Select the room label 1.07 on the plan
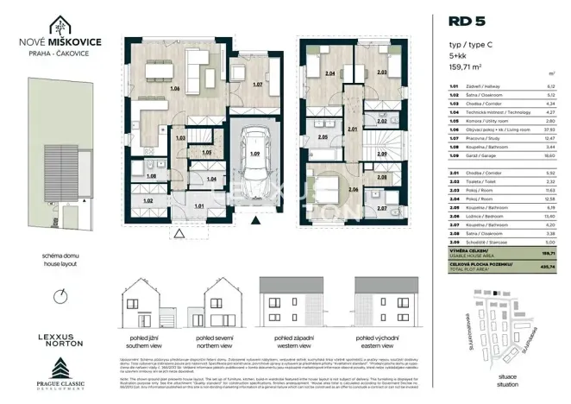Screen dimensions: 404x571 pyautogui.click(x=256, y=85)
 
